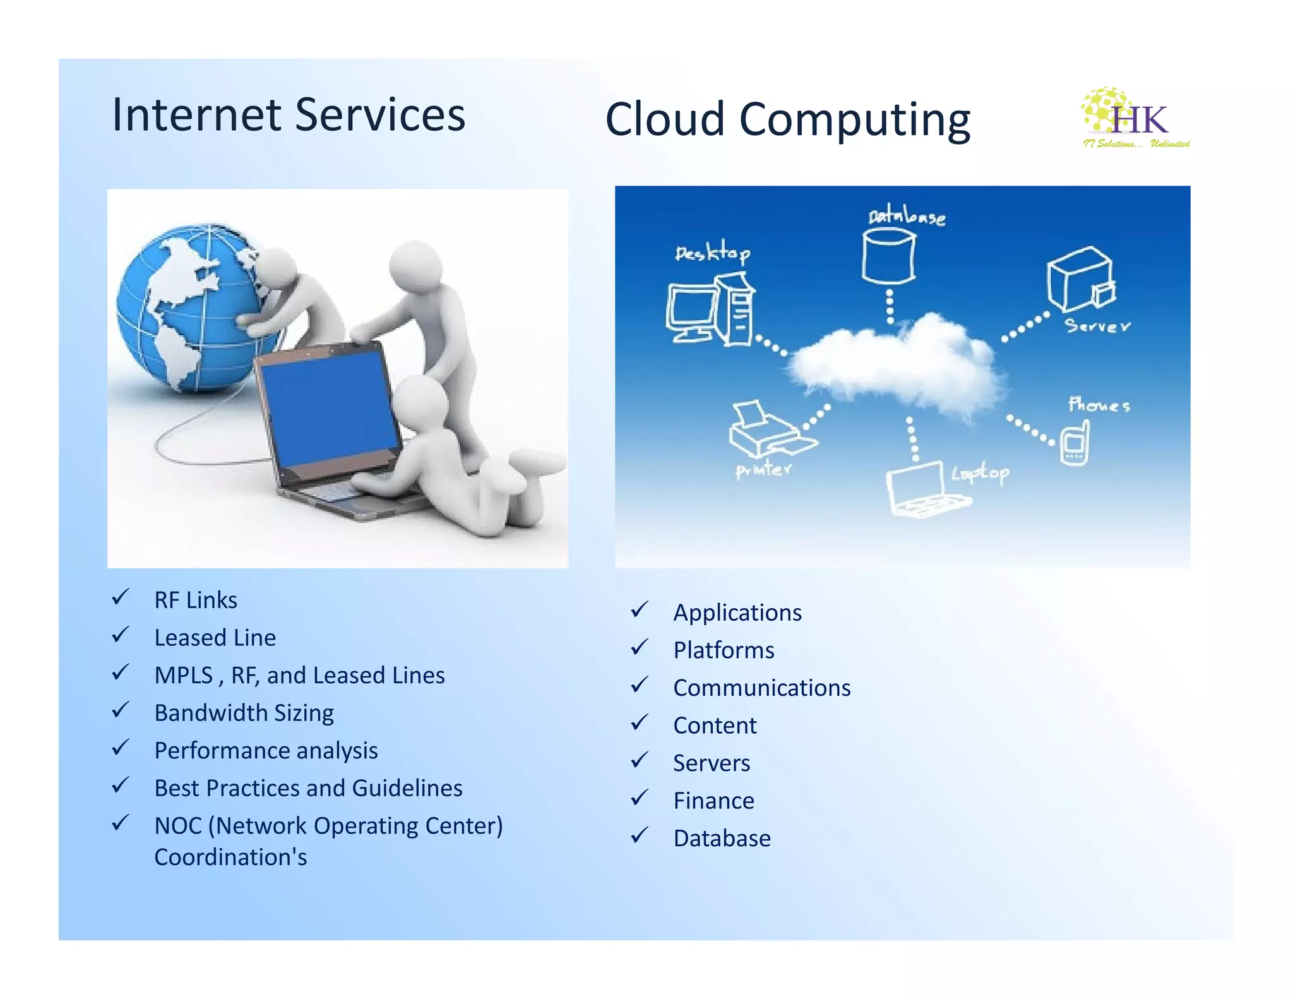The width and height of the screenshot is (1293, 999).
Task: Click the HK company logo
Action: pos(1135,119)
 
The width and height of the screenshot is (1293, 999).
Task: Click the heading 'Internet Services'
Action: pos(289,115)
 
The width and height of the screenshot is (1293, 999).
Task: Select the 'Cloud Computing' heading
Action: pos(787,119)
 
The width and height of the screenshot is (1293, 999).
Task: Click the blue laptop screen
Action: pos(328,410)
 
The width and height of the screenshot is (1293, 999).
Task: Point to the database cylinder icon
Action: pos(888,256)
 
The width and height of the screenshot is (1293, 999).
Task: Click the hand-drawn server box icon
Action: pos(1080,279)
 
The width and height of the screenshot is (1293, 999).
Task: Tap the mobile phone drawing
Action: pos(1074,444)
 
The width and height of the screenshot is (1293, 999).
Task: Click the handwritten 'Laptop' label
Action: pos(980,473)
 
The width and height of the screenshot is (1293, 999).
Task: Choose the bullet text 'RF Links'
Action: pos(196,600)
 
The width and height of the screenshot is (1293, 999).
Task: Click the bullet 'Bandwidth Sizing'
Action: pos(244,713)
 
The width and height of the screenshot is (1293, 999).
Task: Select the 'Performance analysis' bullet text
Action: pos(266,751)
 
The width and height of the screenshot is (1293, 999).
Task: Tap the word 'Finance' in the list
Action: pos(713,801)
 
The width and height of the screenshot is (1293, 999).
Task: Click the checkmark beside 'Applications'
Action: pos(639,610)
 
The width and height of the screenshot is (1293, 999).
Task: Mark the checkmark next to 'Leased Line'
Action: pos(120,635)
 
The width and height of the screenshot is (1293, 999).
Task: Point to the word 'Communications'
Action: pos(761,688)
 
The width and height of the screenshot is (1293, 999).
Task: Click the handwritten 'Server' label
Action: pos(1097,326)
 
